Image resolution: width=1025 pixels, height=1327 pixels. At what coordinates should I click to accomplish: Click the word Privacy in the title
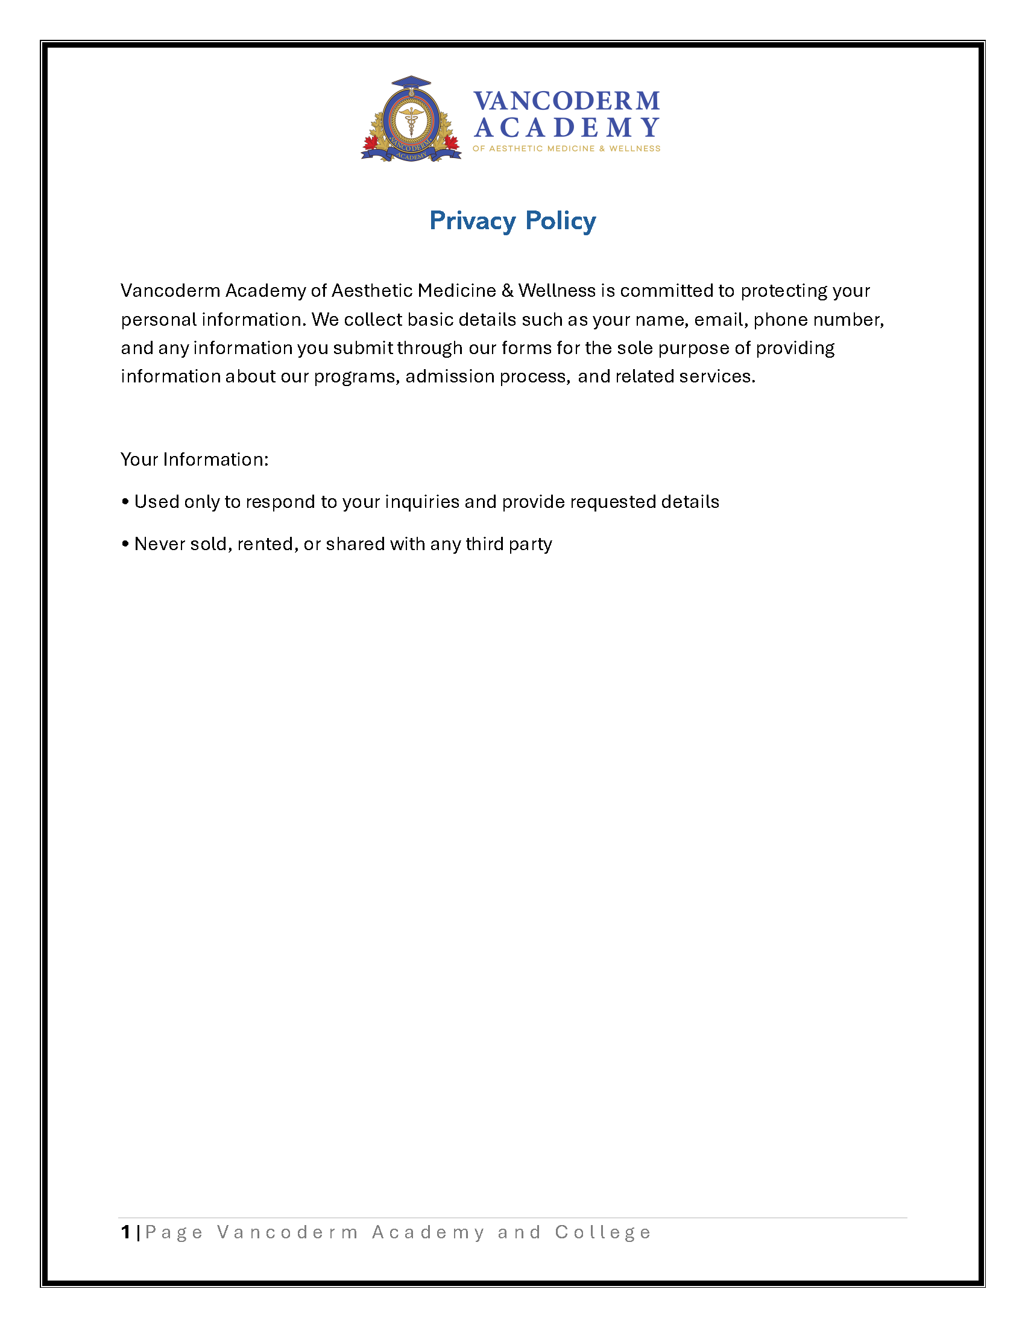pos(472,221)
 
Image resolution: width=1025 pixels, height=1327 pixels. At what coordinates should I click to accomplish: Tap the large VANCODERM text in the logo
pos(566,101)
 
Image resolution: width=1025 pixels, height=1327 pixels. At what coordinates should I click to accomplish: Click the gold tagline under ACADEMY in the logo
pos(566,148)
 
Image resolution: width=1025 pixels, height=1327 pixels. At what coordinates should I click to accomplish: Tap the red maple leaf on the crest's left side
pos(370,143)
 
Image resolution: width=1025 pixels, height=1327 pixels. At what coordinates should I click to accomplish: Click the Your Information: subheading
pos(194,460)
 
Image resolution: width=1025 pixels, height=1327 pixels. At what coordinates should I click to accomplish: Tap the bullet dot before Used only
pos(125,502)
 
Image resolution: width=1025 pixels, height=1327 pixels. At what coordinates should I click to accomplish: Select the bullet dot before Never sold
pos(125,544)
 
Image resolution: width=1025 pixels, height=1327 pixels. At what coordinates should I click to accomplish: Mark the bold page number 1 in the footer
pos(125,1232)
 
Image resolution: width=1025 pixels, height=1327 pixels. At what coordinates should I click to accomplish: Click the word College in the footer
pos(602,1232)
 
